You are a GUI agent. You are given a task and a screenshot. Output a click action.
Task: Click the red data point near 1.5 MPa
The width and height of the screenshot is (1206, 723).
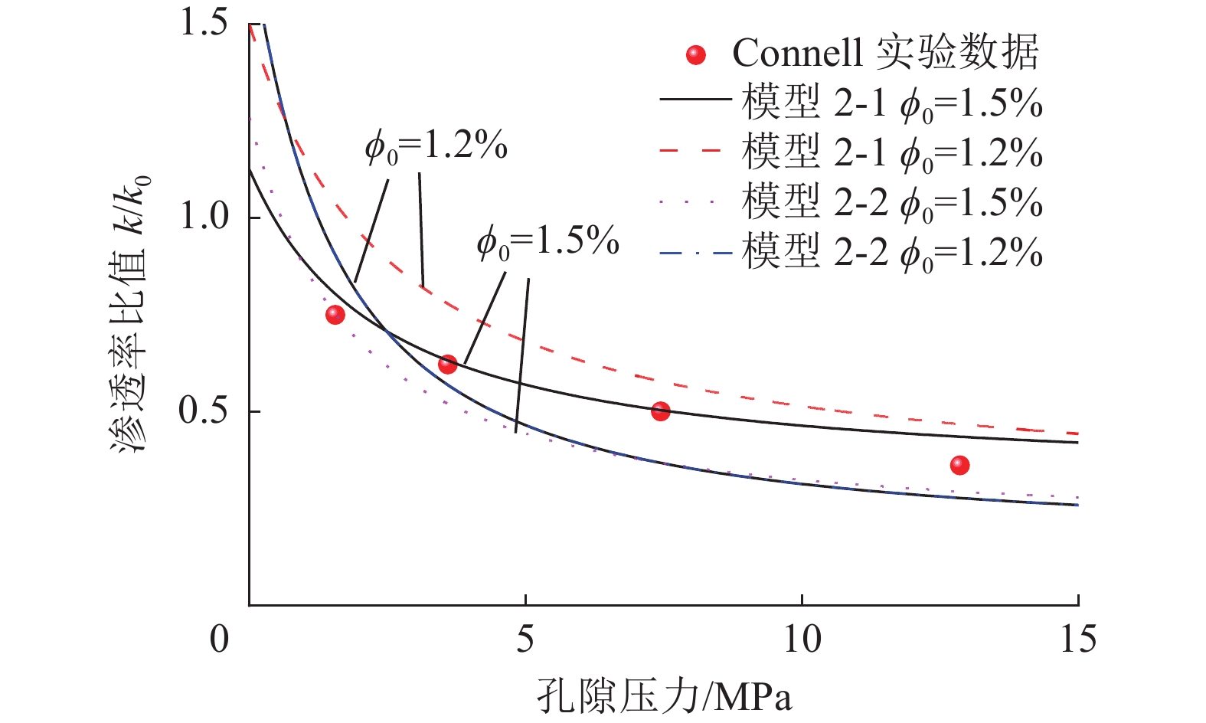click(x=335, y=314)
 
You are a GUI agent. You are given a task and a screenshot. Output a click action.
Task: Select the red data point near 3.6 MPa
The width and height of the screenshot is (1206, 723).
click(x=448, y=365)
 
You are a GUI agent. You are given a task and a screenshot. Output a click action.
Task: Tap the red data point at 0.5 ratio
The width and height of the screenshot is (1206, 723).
click(x=660, y=411)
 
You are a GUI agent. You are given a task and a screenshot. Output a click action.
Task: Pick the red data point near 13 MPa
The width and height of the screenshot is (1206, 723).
click(x=959, y=465)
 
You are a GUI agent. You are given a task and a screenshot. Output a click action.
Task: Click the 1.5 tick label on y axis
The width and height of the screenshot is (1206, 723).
click(x=203, y=22)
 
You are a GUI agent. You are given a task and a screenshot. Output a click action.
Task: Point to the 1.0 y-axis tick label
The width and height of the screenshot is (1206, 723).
click(x=203, y=217)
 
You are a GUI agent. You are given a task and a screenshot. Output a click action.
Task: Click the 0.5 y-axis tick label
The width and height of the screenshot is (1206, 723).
click(x=203, y=411)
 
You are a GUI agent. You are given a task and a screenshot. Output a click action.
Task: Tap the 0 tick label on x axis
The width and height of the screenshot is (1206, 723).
click(x=220, y=640)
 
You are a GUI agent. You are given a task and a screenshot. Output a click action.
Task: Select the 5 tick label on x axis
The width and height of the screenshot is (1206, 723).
click(x=525, y=640)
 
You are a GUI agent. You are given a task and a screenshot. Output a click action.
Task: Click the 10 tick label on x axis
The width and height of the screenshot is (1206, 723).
click(x=802, y=640)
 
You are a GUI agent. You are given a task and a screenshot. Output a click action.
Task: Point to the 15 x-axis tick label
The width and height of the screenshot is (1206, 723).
click(x=1077, y=640)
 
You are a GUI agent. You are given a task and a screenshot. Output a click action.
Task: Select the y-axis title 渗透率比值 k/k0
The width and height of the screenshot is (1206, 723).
click(x=131, y=314)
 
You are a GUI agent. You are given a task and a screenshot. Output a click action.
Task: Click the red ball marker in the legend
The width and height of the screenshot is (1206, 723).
click(x=695, y=55)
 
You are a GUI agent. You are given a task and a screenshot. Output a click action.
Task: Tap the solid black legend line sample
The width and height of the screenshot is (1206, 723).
click(x=695, y=100)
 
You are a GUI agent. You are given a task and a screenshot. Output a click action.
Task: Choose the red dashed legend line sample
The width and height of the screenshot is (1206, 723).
click(x=695, y=150)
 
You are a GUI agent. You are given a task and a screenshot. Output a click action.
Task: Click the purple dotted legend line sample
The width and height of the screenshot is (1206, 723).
click(x=695, y=201)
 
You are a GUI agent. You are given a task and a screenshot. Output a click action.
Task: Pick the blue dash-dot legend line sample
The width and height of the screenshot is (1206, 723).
click(x=695, y=252)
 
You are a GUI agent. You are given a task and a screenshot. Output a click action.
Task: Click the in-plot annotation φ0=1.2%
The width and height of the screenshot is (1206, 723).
click(x=436, y=146)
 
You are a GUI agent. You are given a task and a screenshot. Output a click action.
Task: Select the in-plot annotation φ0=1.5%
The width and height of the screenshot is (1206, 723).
click(x=547, y=242)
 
